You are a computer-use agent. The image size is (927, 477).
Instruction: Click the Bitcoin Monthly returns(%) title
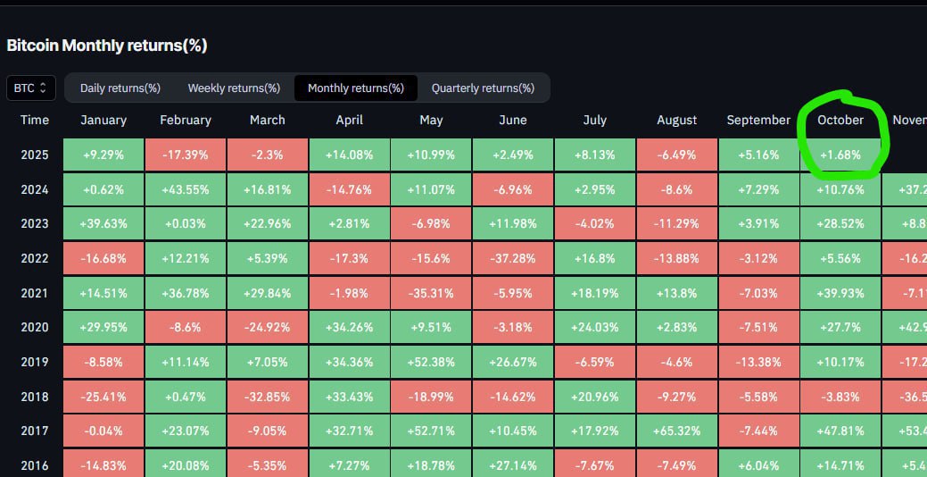point(107,46)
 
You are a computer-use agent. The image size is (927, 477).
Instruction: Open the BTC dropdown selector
point(31,88)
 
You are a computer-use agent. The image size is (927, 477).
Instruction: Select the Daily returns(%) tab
point(120,88)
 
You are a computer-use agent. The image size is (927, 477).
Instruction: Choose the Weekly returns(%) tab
point(234,88)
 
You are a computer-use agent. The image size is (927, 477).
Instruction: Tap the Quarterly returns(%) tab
point(483,88)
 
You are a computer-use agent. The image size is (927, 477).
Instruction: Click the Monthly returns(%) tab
point(355,88)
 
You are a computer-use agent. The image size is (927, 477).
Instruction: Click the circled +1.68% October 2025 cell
point(840,155)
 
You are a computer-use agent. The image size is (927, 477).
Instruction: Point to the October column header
point(840,120)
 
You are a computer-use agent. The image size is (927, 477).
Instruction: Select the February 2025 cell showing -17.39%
point(186,155)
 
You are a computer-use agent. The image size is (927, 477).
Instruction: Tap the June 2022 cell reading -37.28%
point(512,258)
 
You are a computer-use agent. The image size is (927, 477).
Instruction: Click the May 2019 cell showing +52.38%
point(431,363)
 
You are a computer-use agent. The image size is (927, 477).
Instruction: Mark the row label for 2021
point(35,293)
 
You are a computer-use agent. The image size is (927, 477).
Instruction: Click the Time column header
point(35,120)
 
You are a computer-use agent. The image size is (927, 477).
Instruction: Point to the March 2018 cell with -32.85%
point(268,397)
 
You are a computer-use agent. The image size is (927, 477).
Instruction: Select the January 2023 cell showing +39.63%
point(104,223)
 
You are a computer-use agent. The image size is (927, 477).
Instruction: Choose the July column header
point(594,120)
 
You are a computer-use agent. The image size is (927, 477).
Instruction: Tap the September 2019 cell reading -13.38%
point(758,363)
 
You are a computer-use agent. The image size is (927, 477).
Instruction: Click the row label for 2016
point(35,465)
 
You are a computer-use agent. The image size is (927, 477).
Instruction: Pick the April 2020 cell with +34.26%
point(350,328)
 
